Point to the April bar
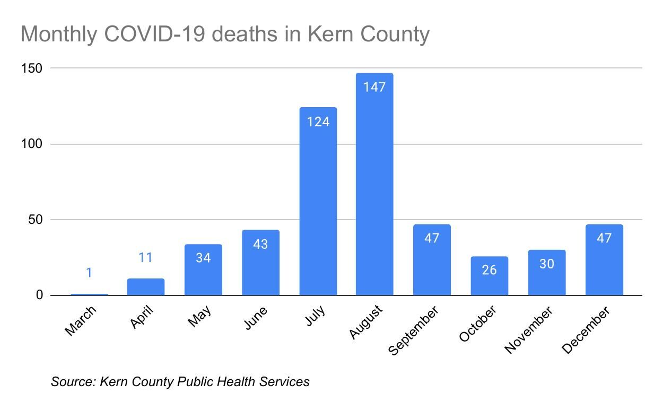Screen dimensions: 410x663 point(146,287)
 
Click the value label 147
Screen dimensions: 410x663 point(374,87)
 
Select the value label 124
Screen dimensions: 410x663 point(318,122)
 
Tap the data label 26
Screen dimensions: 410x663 point(489,270)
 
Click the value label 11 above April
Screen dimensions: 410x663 point(145,258)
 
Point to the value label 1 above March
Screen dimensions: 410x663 point(89,273)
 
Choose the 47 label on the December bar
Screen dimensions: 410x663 point(604,238)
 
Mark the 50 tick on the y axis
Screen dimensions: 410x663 point(35,220)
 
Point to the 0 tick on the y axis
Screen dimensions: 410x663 point(39,295)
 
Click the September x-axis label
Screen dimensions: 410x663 point(414,330)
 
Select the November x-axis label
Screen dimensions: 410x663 point(529,329)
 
